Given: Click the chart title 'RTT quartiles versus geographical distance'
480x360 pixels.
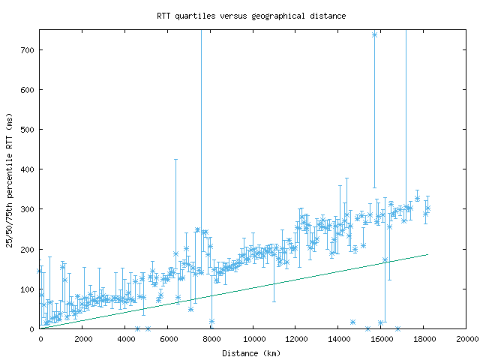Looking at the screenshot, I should [251, 15].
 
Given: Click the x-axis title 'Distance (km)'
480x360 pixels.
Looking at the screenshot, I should [251, 353].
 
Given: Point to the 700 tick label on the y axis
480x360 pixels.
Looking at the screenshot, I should [28, 50].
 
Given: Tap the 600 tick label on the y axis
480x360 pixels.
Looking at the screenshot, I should [28, 90].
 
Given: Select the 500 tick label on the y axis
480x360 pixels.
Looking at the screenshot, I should [28, 130].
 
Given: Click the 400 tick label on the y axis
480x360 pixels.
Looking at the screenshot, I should [28, 169].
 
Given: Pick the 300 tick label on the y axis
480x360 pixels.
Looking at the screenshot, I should [28, 209].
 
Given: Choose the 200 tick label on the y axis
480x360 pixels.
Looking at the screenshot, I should [28, 249].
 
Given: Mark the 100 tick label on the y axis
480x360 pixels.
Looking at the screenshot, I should [28, 289].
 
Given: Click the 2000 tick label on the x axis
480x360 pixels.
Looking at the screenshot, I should [83, 339].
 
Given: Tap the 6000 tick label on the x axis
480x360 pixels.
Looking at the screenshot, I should [169, 339].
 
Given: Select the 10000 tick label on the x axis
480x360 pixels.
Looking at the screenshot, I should [253, 339].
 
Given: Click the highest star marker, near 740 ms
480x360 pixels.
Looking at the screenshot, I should [374, 34].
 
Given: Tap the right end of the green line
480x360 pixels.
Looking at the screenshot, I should [427, 254].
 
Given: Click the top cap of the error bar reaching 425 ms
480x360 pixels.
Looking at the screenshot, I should [176, 160].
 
